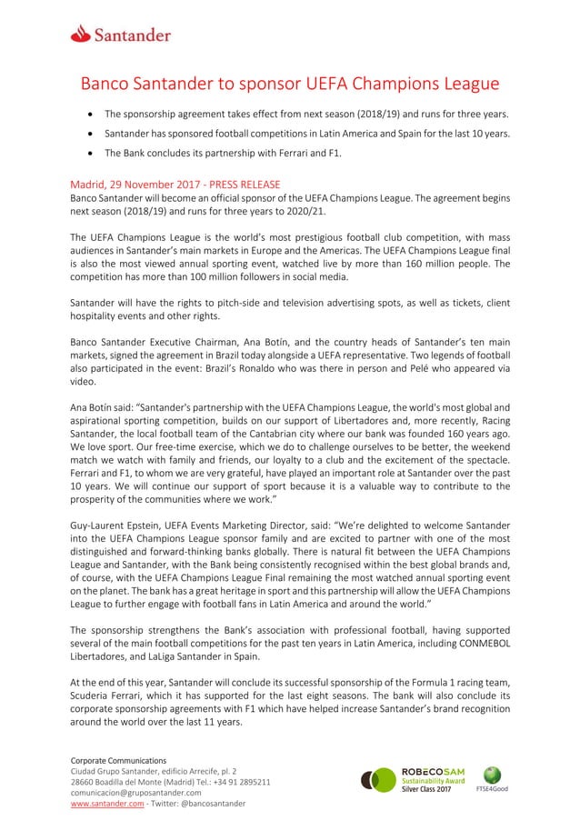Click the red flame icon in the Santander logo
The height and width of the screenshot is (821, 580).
[82, 35]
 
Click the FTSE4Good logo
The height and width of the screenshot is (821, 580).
[493, 779]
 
